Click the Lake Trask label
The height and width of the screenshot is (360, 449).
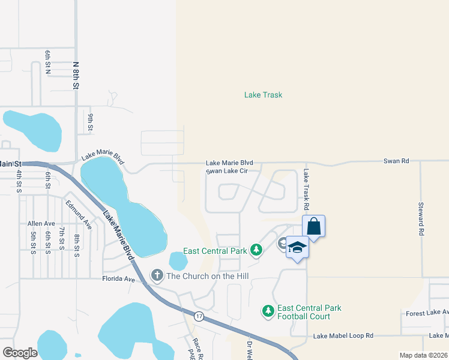tap(263, 95)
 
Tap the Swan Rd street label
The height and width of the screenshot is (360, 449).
tap(396, 161)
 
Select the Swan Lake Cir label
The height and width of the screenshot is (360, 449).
tap(227, 171)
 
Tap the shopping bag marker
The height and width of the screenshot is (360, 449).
tap(313, 227)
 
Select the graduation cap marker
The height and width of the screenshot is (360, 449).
tap(297, 248)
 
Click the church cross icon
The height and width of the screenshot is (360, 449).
tap(157, 275)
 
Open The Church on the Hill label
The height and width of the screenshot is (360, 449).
tap(207, 276)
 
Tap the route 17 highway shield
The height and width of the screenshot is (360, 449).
tap(199, 315)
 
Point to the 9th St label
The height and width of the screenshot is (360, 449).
tap(90, 122)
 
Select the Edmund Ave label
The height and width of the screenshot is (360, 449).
tap(79, 215)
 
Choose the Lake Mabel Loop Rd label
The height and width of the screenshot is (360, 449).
tap(343, 335)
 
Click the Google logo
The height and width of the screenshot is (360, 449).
tap(20, 352)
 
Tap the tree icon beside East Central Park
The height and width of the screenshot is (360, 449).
tap(256, 249)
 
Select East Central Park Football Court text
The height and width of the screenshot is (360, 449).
tap(309, 312)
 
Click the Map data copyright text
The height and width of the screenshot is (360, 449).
tap(423, 355)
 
